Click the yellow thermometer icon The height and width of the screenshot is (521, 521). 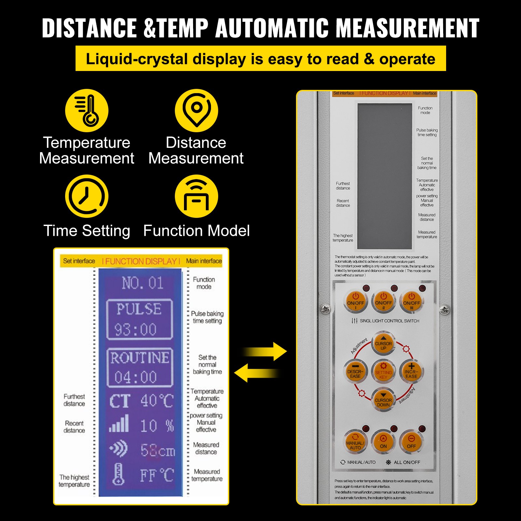coord(87,110)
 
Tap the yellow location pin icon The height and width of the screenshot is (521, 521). coord(196,110)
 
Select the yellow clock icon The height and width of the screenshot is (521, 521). coord(87,196)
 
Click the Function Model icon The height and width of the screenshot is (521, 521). coord(196,196)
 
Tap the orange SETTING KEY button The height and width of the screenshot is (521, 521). coord(383,372)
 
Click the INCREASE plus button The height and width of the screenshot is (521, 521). coord(411,372)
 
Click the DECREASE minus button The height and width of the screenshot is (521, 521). coord(355,372)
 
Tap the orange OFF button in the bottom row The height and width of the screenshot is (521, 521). coord(411,442)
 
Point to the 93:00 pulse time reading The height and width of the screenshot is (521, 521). coord(135,330)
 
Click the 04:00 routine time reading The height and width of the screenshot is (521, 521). coord(135,377)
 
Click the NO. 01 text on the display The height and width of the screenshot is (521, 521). coord(143,283)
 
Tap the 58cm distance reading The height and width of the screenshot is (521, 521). coord(158,451)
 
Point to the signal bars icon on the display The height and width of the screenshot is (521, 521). coord(119,424)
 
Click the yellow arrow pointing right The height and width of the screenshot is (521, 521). coord(265,351)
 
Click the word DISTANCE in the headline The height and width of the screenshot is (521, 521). coord(89,28)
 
